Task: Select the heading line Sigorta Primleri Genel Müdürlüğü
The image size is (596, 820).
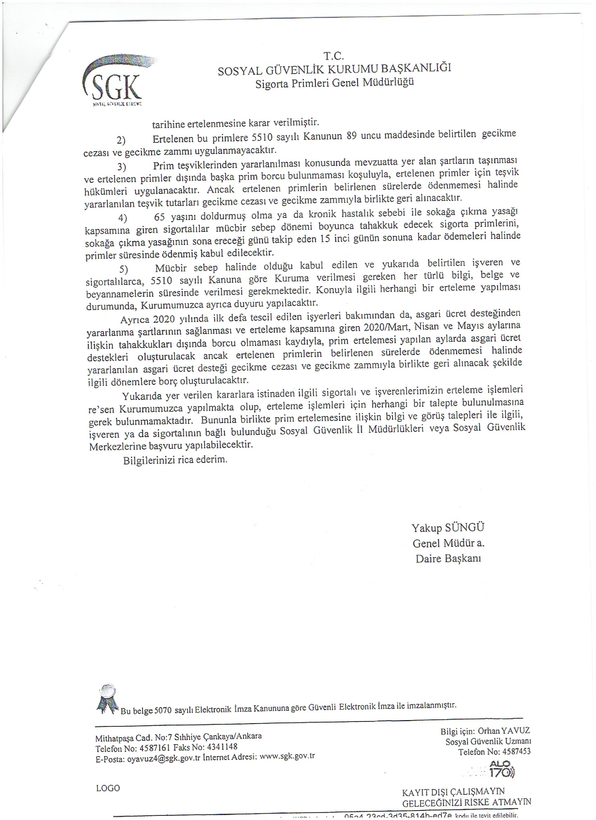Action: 334,83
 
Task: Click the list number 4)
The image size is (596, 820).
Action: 123,219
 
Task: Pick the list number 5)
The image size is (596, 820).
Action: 124,269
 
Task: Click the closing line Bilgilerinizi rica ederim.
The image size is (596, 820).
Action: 175,461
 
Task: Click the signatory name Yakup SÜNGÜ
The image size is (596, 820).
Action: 448,527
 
